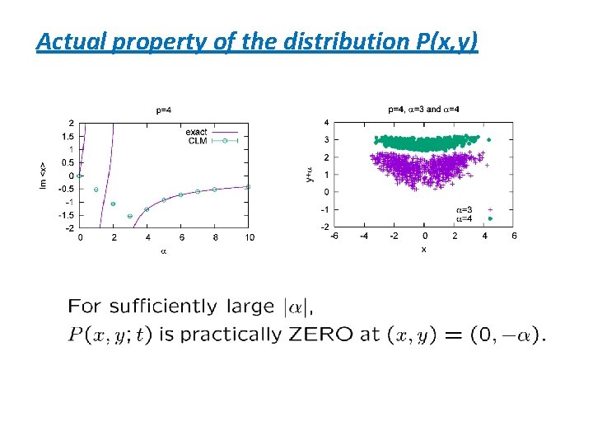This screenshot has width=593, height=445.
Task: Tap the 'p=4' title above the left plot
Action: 164,109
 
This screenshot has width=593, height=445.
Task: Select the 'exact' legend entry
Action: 196,132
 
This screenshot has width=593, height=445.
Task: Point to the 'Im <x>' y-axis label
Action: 45,175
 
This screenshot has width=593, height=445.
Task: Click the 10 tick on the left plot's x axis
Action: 249,237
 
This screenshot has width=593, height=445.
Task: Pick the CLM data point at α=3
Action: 130,216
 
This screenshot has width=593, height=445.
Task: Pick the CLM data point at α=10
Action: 249,187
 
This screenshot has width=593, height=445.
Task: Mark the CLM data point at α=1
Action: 96,190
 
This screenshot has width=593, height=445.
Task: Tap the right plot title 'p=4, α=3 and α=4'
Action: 423,109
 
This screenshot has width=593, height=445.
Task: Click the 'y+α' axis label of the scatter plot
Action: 310,174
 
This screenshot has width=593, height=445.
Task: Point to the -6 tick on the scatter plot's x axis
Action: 334,237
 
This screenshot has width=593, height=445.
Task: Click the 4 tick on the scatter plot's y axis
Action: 326,123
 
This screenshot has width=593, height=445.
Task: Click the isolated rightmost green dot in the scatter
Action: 488,141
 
